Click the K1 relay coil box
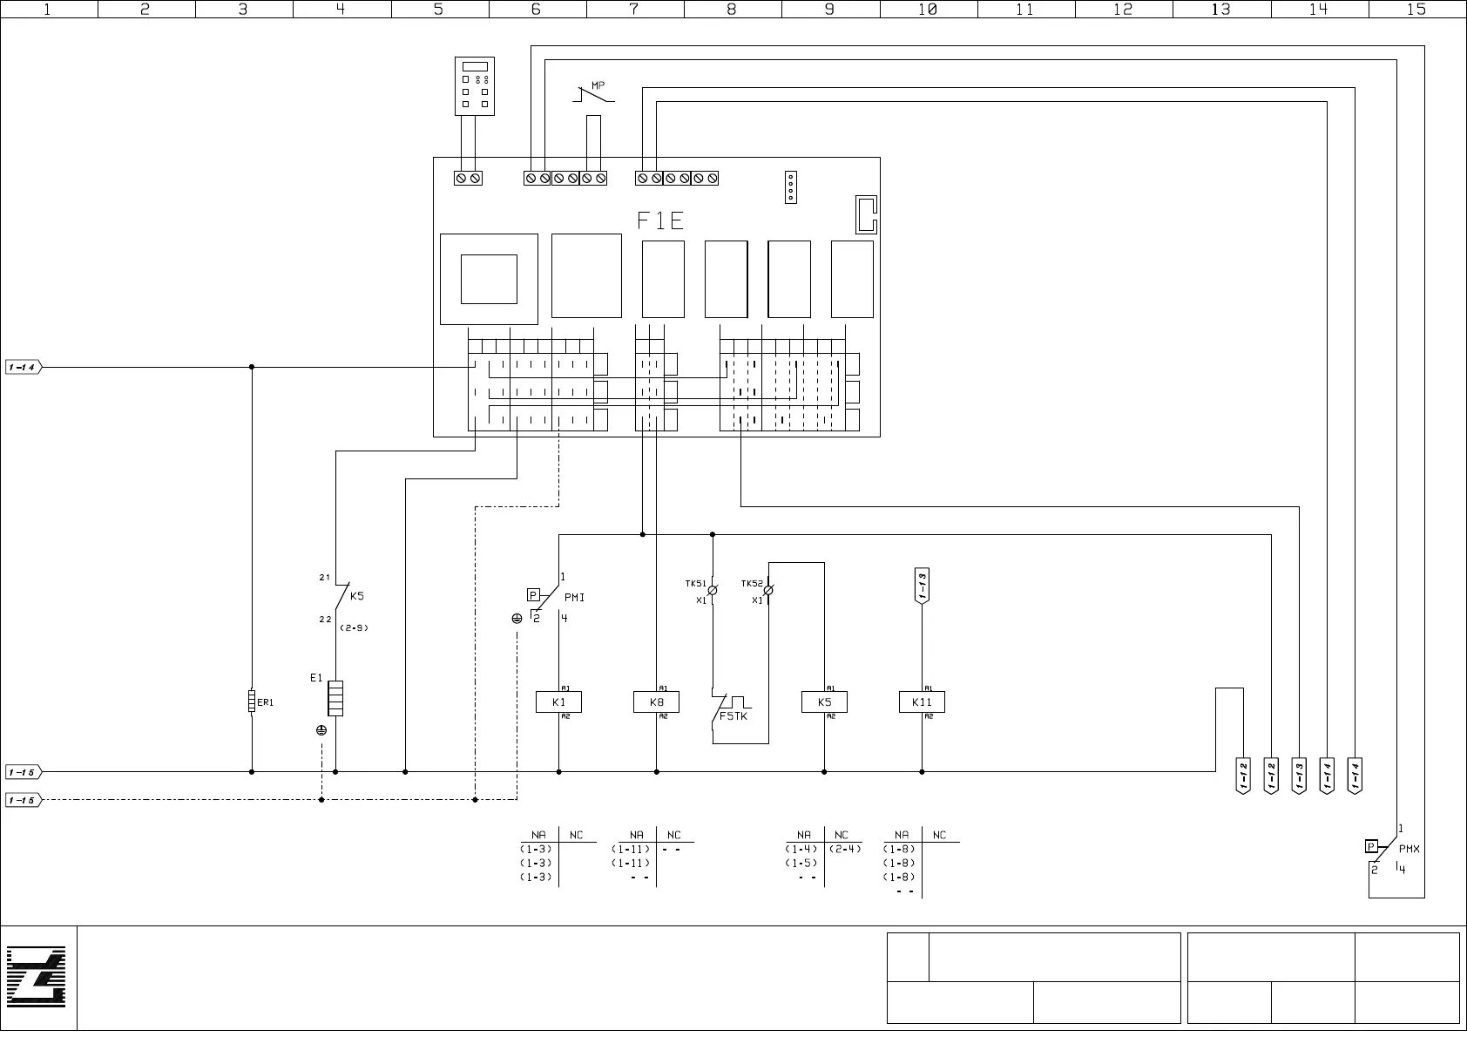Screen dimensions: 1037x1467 [558, 702]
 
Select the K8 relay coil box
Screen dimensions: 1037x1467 [656, 702]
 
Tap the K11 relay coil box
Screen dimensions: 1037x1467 [922, 702]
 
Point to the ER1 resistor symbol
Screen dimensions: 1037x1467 [252, 701]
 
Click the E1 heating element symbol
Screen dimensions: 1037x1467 [335, 698]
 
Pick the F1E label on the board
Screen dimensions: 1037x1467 [660, 220]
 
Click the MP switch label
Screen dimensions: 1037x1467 [598, 85]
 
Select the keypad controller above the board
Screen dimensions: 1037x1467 [475, 86]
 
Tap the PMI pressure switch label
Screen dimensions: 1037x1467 [575, 598]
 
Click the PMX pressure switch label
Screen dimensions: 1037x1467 [1410, 848]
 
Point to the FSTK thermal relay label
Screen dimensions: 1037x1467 [733, 716]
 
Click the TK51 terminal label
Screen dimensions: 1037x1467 [695, 584]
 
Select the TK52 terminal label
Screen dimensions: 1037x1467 [752, 584]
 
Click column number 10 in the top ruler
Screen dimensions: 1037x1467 [928, 10]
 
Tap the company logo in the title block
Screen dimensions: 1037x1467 [37, 978]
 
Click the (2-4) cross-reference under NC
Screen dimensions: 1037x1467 [845, 849]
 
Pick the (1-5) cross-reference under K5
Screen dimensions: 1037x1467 [801, 863]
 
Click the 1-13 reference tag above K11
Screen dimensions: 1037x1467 [922, 586]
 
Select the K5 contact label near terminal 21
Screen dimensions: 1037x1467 [357, 597]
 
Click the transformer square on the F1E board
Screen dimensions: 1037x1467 [489, 279]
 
